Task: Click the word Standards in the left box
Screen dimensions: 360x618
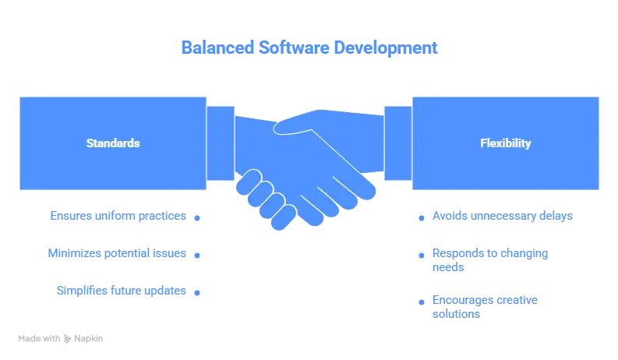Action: pyautogui.click(x=113, y=143)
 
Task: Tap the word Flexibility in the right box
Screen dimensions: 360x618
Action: pyautogui.click(x=506, y=143)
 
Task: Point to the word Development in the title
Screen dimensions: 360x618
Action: pyautogui.click(x=387, y=48)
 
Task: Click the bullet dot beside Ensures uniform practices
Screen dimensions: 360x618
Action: pyautogui.click(x=198, y=219)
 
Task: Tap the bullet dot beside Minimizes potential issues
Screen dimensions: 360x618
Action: pyautogui.click(x=198, y=255)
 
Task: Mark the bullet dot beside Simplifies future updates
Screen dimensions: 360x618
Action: pyautogui.click(x=198, y=293)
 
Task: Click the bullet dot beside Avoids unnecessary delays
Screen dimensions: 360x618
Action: pyautogui.click(x=422, y=219)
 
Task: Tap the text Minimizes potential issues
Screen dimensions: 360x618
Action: pyautogui.click(x=116, y=254)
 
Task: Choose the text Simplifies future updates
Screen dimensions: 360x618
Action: pyautogui.click(x=122, y=291)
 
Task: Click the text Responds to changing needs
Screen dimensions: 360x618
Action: pyautogui.click(x=489, y=260)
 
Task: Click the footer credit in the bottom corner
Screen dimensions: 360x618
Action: pyautogui.click(x=61, y=337)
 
